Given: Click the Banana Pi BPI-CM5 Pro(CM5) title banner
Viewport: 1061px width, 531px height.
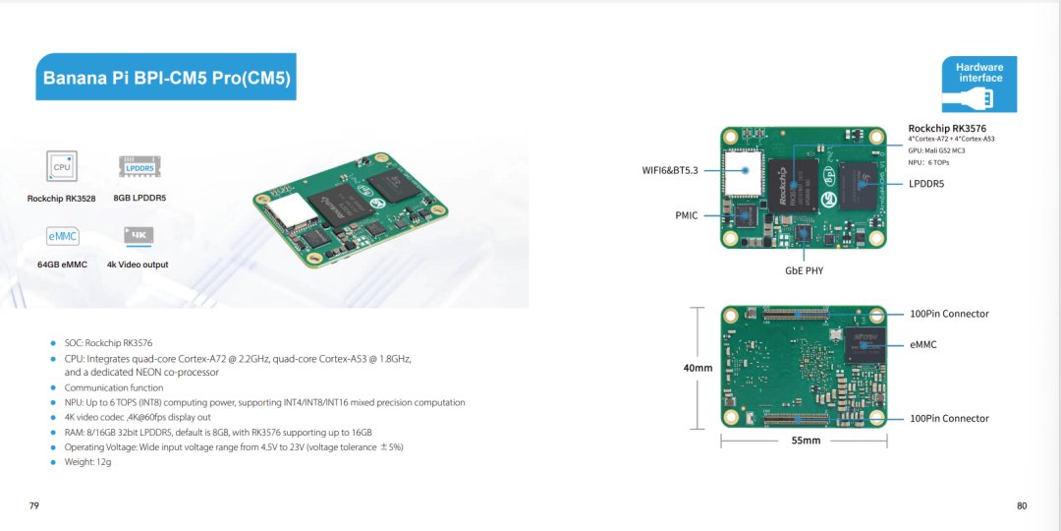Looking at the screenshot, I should tap(166, 77).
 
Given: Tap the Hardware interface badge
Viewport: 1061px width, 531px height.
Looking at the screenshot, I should tap(979, 84).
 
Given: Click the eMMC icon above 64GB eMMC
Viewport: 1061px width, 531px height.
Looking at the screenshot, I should tap(62, 237).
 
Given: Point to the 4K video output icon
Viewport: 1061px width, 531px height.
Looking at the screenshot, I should tap(138, 236).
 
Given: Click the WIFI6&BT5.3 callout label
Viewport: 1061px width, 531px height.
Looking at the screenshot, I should tap(670, 170).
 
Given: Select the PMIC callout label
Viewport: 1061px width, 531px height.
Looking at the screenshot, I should tap(686, 215).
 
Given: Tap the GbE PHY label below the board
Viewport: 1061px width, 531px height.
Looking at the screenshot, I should tap(804, 270).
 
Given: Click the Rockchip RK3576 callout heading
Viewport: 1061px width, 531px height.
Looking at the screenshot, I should tap(946, 129).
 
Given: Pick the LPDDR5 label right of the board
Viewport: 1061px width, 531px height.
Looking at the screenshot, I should tap(926, 184).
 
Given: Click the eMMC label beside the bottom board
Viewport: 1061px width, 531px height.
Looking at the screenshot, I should tap(923, 345).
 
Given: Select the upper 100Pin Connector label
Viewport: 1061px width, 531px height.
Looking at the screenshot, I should tap(949, 314).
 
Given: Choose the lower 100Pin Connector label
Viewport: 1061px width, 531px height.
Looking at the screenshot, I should tap(949, 418).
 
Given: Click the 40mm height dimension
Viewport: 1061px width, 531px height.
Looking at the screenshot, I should tap(698, 368).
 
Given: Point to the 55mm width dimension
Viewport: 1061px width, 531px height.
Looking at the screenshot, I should tap(806, 441).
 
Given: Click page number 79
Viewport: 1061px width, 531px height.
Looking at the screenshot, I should tap(34, 505).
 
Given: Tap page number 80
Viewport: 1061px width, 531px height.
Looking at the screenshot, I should tap(1022, 505).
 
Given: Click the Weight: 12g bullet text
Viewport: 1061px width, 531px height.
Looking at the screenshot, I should tap(87, 462).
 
